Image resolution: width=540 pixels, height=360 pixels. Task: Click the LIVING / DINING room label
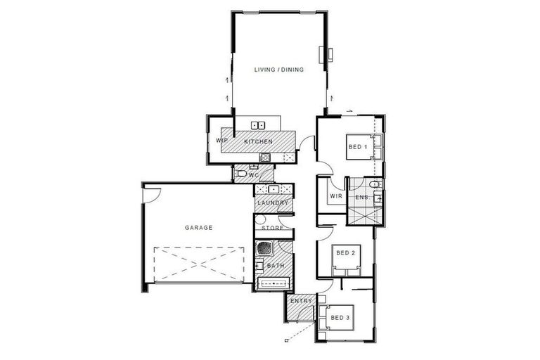pos(279,69)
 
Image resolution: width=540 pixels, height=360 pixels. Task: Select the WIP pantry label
pos(221,141)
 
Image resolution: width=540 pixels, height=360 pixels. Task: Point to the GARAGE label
pos(198,228)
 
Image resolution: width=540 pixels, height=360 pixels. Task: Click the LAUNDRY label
pos(273,204)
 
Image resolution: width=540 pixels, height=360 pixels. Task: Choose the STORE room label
pos(272,229)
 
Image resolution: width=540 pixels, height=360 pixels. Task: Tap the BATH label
pos(275,265)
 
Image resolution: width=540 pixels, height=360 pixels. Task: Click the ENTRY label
pos(300,302)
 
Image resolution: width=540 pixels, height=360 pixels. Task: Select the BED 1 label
pos(357,147)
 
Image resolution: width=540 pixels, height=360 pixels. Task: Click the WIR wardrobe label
pos(335,196)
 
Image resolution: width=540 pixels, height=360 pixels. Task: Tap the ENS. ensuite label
pos(362,198)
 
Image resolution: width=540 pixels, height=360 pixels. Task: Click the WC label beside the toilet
pos(254,174)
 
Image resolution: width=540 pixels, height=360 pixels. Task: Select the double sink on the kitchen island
pos(258,126)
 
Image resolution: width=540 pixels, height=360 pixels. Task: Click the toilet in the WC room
pos(240,173)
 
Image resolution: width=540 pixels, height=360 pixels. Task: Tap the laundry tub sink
pos(273,189)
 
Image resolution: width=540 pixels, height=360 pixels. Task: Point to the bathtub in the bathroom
pos(274,283)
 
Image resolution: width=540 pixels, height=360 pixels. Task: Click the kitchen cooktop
pos(265,157)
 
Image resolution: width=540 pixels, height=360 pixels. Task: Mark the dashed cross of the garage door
pos(198,264)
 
